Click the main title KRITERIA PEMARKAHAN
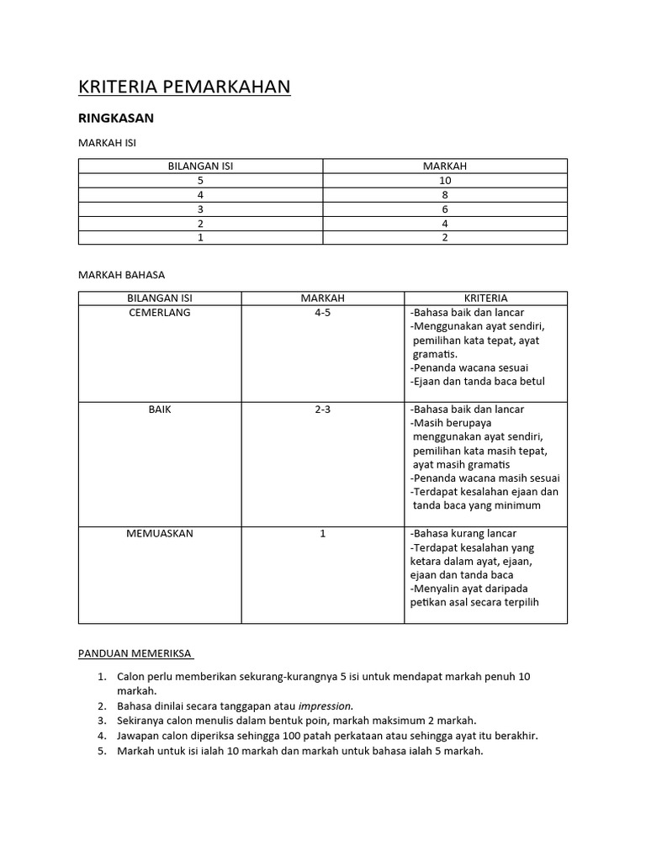point(184,87)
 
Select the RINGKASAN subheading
point(116,119)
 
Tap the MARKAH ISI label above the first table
point(107,143)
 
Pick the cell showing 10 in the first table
point(445,181)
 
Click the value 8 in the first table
point(445,195)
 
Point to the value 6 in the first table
point(445,209)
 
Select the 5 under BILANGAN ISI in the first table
point(200,181)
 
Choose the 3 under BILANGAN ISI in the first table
point(200,209)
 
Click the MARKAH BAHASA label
point(121,275)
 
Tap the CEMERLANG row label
point(160,313)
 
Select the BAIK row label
point(160,409)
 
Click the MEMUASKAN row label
point(160,534)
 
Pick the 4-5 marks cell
point(323,313)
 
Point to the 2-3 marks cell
point(323,409)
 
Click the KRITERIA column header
point(485,298)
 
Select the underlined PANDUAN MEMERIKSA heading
point(135,653)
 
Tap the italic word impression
point(326,705)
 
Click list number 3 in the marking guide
point(101,721)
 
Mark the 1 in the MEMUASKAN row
point(323,534)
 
